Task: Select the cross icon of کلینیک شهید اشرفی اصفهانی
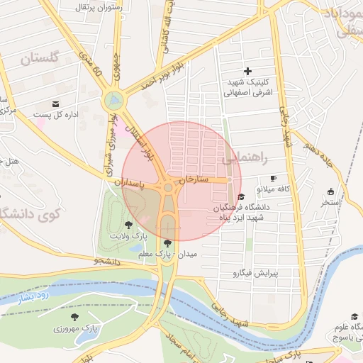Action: (247, 71)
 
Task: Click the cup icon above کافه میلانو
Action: (274, 179)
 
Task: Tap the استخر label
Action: (330, 203)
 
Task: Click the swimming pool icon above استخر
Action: (330, 191)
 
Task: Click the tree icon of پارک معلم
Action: (167, 243)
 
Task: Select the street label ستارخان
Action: (194, 180)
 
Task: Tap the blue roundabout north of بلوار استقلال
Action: (112, 101)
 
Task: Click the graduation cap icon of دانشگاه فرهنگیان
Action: (241, 196)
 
